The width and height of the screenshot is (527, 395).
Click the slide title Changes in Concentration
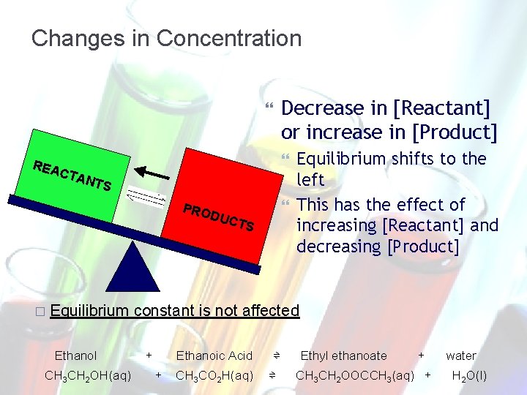point(166,38)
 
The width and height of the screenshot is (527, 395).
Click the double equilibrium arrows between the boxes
point(147,197)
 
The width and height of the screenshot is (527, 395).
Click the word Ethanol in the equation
point(76,355)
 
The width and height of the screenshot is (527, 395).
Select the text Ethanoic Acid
point(214,355)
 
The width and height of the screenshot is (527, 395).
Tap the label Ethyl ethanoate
point(343,355)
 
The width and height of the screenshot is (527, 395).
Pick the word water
point(461,355)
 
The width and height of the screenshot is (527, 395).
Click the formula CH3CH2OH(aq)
point(88,376)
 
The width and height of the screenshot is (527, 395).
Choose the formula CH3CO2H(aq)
point(214,376)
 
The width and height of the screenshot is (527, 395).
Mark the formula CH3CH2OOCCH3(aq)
point(354,376)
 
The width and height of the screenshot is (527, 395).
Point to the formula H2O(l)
point(469,376)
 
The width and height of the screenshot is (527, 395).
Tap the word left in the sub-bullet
point(310,178)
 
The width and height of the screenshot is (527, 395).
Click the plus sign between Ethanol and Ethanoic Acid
point(149,355)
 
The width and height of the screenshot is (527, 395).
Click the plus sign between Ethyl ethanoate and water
point(421,355)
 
